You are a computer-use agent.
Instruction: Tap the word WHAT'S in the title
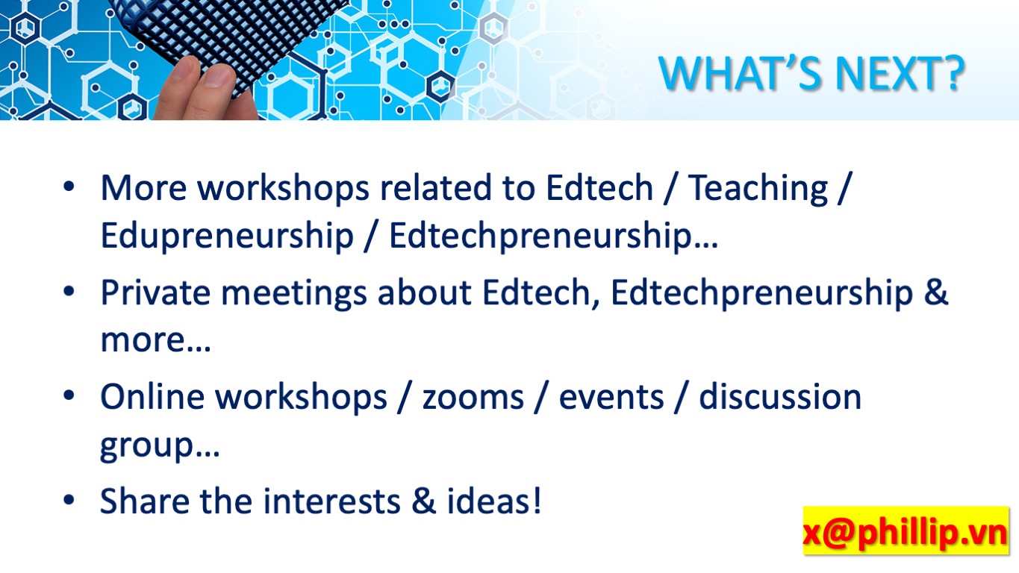pos(740,73)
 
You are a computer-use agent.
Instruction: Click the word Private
pos(155,292)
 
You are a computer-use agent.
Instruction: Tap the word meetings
pos(294,294)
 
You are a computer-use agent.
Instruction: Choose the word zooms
pos(473,398)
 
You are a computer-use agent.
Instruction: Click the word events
pos(611,397)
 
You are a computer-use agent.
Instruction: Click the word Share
pos(145,501)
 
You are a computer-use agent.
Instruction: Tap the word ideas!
pos(494,501)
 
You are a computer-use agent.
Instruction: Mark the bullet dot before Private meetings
pos(69,291)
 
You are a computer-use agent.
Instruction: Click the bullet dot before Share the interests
pos(69,500)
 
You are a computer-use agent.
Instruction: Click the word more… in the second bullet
pos(155,341)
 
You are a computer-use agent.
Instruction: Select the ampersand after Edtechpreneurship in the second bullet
pos(935,292)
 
